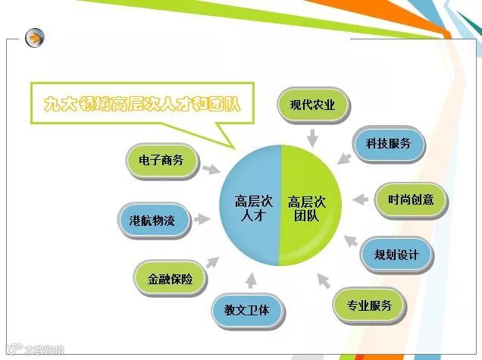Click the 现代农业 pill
click(x=312, y=105)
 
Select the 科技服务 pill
click(x=389, y=144)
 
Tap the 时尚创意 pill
click(x=411, y=199)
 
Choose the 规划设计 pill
click(x=396, y=255)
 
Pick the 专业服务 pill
click(x=369, y=306)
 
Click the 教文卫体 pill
click(x=242, y=311)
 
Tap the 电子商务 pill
click(x=161, y=161)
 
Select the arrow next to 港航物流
click(x=201, y=221)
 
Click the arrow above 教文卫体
click(x=249, y=278)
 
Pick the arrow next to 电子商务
click(x=211, y=167)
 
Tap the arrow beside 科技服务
click(x=344, y=157)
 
